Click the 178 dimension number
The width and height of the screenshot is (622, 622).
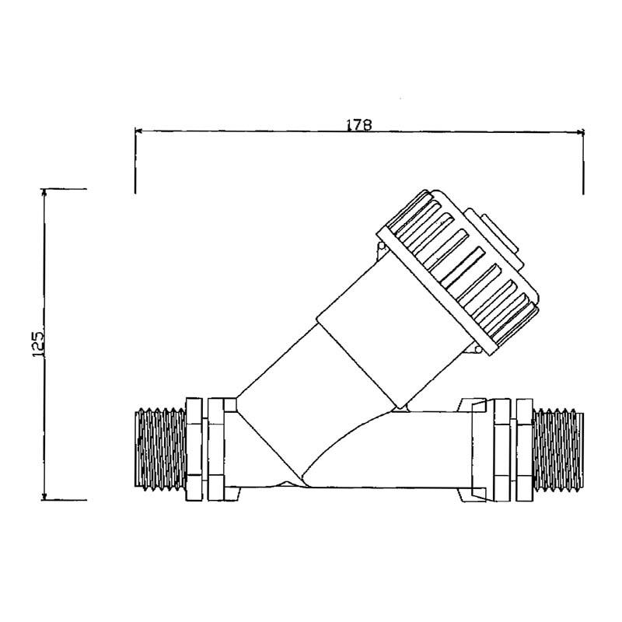(359, 124)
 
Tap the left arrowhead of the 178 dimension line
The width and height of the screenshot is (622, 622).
(138, 131)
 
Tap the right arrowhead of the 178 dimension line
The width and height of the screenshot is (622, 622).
(580, 131)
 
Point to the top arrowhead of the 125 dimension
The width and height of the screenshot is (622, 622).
(44, 192)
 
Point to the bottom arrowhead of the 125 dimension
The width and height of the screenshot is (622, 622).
(44, 496)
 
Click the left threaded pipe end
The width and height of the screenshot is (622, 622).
(161, 449)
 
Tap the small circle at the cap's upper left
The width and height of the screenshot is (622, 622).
(382, 246)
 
